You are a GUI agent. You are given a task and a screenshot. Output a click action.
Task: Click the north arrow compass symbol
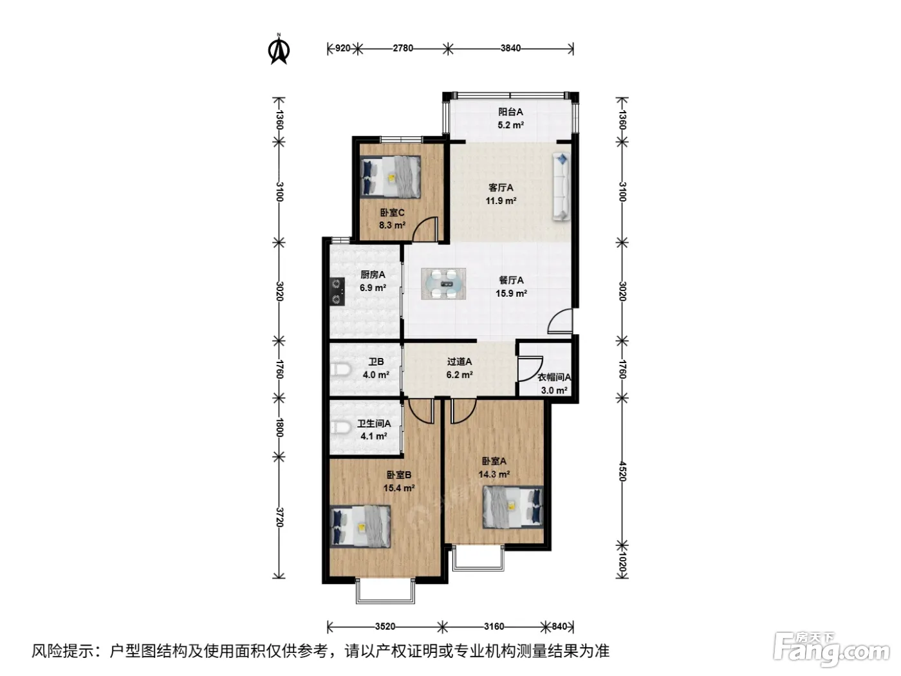click(279, 50)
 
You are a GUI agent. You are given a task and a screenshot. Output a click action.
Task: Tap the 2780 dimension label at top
click(403, 48)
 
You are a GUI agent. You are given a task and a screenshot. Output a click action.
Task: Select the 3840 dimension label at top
click(510, 48)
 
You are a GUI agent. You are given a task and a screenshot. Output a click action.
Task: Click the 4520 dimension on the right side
click(622, 472)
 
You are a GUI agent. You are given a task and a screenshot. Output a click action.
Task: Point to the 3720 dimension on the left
click(279, 517)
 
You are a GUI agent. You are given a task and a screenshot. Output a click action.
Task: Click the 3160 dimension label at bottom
click(494, 626)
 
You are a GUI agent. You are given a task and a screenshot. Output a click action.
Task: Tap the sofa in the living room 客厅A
click(562, 187)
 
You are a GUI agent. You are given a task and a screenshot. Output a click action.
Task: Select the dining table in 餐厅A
click(443, 284)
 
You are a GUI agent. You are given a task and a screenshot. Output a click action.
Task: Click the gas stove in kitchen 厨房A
click(337, 292)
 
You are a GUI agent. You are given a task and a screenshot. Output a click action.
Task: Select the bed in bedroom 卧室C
click(391, 177)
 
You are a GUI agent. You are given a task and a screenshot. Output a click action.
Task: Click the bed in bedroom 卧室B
click(360, 527)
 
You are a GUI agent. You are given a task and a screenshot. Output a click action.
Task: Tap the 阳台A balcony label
click(510, 111)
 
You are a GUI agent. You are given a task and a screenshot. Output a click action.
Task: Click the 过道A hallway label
click(460, 362)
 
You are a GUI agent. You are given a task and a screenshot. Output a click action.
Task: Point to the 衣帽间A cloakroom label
click(554, 377)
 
